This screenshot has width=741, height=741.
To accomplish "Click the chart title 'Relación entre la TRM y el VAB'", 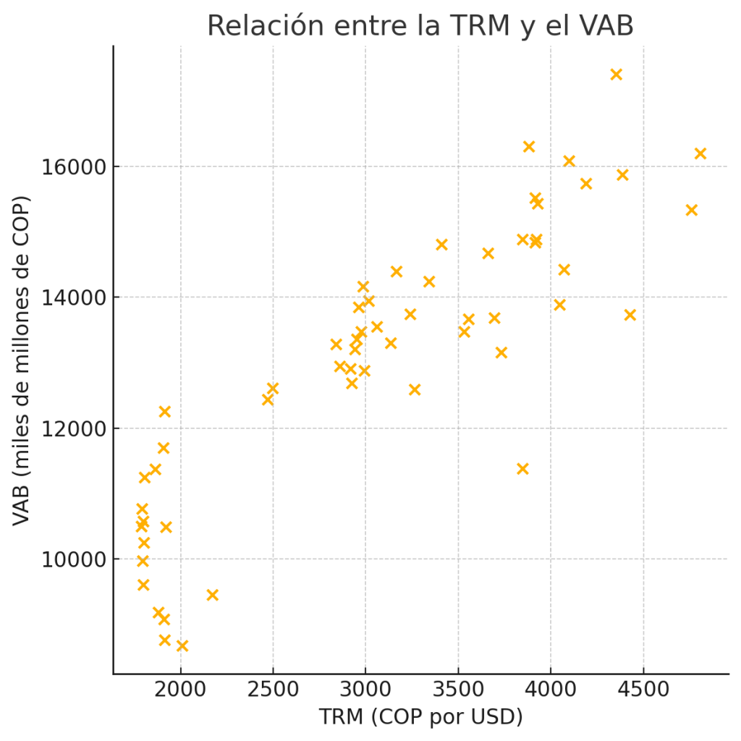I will point(420,26).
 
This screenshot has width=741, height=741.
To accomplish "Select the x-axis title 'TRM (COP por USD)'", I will point(420,717).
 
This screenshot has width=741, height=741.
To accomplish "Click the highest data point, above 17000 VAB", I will point(617,75).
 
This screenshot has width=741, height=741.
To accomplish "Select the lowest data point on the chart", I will point(182,645).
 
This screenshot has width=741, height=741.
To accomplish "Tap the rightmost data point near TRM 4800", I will point(700,153).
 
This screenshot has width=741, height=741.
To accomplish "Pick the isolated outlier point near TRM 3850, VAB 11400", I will point(522,469).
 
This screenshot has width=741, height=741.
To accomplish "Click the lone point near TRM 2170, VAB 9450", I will point(213,595).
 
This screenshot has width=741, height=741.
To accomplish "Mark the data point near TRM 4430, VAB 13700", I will point(630,315).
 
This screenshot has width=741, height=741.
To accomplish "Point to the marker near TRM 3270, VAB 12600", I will point(415,390).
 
